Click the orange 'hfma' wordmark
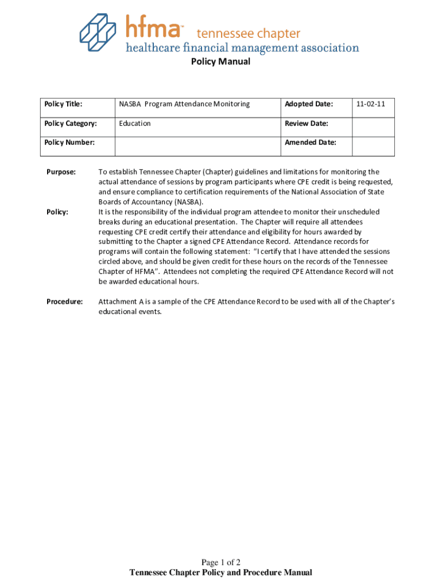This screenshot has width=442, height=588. point(154,27)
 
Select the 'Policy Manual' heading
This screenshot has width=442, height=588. point(220,61)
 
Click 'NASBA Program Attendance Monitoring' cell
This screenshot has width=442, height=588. point(184,104)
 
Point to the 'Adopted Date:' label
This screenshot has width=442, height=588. point(309,104)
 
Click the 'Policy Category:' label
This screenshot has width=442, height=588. point(71,123)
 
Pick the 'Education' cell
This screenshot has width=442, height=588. point(135,123)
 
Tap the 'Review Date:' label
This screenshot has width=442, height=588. point(307,123)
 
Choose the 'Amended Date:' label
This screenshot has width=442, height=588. point(311,142)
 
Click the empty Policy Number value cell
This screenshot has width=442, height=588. point(197,146)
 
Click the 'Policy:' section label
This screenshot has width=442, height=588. point(57,212)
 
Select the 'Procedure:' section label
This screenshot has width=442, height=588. point(64,301)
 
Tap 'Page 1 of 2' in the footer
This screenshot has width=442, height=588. point(220,562)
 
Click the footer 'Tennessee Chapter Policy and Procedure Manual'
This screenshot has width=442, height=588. point(221,572)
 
